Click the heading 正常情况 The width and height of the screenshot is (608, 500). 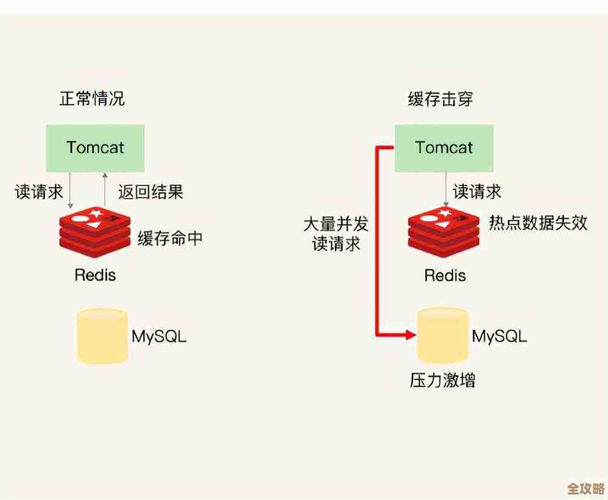point(92,99)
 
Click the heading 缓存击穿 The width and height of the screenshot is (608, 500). point(440,99)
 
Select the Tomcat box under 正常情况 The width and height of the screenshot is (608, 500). point(95,148)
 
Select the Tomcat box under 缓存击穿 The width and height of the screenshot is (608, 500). point(444,148)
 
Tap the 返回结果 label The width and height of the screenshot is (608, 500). point(150,192)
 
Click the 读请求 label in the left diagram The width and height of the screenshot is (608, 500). point(39,192)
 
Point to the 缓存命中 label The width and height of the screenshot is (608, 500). point(170,238)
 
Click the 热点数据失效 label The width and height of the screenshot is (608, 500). point(538,223)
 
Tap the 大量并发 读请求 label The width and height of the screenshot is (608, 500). point(336,234)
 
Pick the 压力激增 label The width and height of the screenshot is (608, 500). point(442,380)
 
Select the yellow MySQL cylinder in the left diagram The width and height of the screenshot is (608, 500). point(102,336)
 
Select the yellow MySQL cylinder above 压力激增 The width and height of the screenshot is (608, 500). point(443,336)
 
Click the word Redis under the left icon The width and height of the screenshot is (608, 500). point(95,274)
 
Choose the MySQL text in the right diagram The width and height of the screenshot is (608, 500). point(500,336)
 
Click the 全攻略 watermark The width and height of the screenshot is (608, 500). point(585,489)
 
